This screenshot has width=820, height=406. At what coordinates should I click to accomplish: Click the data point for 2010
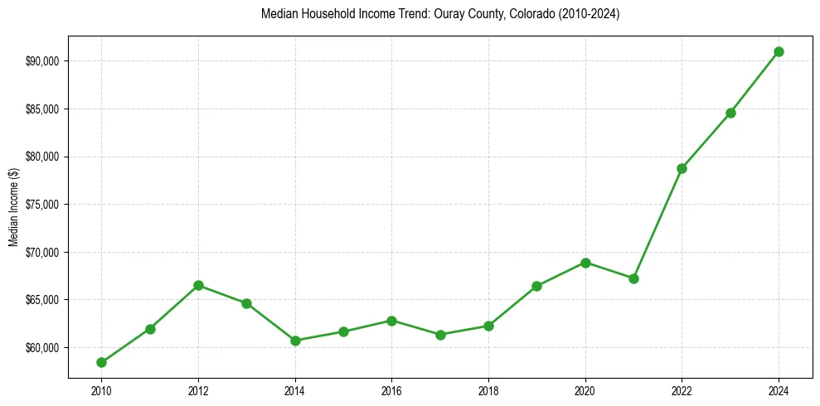click(x=101, y=362)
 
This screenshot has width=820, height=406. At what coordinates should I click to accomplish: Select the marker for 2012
click(x=198, y=285)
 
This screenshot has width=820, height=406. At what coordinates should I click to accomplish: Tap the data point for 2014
click(x=295, y=341)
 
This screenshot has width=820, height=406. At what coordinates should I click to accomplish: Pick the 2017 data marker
click(x=440, y=335)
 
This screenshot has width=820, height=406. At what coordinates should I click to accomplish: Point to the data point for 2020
click(x=585, y=263)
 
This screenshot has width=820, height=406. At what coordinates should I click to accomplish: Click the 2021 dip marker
click(x=633, y=278)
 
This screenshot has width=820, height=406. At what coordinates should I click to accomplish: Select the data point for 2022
click(x=682, y=168)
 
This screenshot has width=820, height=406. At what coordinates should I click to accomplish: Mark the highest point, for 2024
click(x=779, y=51)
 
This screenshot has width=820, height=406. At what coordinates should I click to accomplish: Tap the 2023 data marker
click(x=730, y=113)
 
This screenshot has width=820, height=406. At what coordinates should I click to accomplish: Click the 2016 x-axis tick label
click(x=392, y=391)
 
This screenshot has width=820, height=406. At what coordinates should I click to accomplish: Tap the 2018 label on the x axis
click(x=488, y=391)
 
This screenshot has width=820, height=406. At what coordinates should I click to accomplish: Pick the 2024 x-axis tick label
click(x=779, y=391)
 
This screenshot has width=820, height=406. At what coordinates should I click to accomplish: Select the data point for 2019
click(x=536, y=286)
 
